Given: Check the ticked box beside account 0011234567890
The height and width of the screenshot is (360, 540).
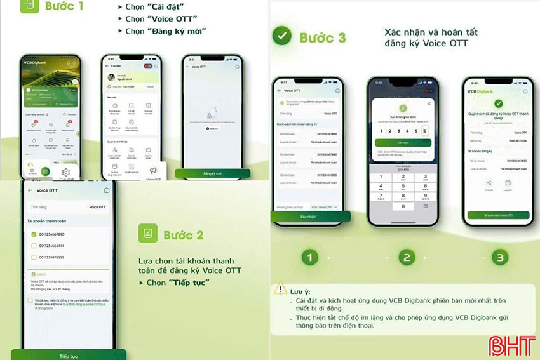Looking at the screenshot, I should [34, 234].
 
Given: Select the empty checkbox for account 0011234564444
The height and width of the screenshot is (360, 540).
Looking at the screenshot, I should [34, 246].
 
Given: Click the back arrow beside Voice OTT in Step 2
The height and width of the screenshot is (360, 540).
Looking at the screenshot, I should [30, 190].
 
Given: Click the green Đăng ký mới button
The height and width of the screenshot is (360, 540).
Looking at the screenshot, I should [212, 173].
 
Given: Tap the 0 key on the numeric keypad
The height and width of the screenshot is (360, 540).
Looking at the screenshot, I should [403, 206].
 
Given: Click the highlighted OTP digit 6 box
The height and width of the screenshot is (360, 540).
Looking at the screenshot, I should [424, 131].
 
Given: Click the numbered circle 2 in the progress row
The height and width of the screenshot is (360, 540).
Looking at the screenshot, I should [406, 257].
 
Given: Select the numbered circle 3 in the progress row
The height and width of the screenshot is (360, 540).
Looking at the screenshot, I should [501, 257].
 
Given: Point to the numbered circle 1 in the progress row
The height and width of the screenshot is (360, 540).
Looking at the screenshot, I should [309, 257].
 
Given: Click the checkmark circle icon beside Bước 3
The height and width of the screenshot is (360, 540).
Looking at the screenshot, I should [282, 36].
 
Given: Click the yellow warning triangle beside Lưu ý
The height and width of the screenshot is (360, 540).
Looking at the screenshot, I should [280, 289].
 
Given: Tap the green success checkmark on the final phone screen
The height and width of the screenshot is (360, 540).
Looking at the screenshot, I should [499, 103].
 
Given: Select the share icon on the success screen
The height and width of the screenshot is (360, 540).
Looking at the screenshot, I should [489, 183].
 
